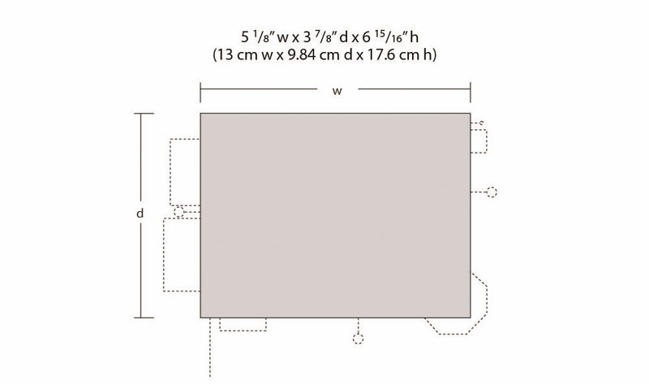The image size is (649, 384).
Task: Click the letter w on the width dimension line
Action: click(x=337, y=92)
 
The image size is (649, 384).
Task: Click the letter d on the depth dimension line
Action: click(x=140, y=214)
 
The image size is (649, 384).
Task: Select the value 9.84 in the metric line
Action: click(x=301, y=54)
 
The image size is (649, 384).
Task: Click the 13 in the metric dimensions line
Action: click(x=225, y=54)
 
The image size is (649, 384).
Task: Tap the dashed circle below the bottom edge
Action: click(x=358, y=339)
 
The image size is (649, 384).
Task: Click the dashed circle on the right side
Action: click(x=492, y=192)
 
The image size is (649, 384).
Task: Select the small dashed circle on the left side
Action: click(x=178, y=212)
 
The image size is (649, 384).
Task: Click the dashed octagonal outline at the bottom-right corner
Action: click(x=459, y=304)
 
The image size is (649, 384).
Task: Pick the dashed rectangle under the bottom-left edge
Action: click(x=243, y=325)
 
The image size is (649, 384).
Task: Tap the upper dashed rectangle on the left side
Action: click(x=185, y=172)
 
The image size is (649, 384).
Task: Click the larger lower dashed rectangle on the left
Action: click(x=182, y=255)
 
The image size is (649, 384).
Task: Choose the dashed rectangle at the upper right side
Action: click(x=479, y=141)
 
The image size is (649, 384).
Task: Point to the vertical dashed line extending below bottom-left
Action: click(x=210, y=347)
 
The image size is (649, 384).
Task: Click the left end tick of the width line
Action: click(x=200, y=92)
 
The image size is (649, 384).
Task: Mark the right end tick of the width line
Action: click(x=471, y=92)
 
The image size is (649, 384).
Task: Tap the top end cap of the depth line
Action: click(x=144, y=114)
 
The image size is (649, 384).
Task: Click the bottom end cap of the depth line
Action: click(x=144, y=317)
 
